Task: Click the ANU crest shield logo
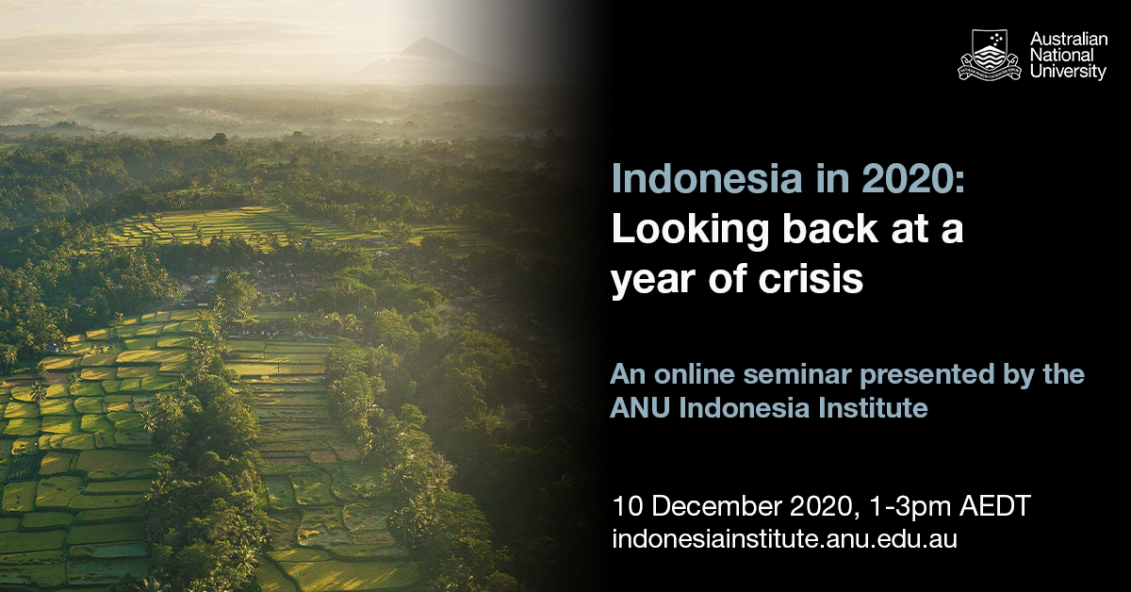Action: pyautogui.click(x=989, y=55)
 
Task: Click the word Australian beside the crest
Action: pyautogui.click(x=1069, y=39)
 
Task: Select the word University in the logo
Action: pyautogui.click(x=1068, y=72)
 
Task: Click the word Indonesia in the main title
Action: pyautogui.click(x=707, y=178)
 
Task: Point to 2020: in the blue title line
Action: pyautogui.click(x=913, y=178)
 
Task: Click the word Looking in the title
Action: pyautogui.click(x=690, y=230)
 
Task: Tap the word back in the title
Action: pyautogui.click(x=830, y=228)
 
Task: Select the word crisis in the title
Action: pyautogui.click(x=811, y=278)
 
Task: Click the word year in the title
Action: pyautogui.click(x=654, y=282)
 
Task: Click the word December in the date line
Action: pyautogui.click(x=716, y=505)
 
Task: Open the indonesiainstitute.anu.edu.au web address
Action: pyautogui.click(x=784, y=539)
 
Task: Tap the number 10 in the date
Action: pyautogui.click(x=628, y=505)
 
